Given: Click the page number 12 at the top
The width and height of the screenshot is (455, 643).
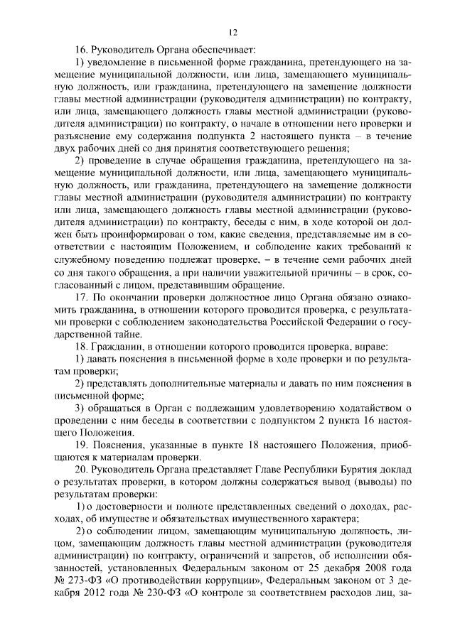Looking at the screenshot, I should click(232, 32).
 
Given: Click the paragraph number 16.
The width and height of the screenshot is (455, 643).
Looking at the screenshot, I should click(82, 50).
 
